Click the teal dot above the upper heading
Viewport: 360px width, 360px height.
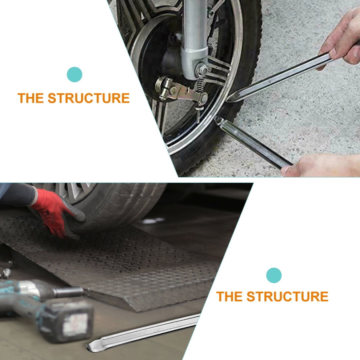pos(75,75)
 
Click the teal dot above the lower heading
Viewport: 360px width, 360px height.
pos(274,275)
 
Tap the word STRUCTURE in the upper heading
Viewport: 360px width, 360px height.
pos(89,98)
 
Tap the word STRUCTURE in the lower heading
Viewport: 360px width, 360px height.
pos(287,296)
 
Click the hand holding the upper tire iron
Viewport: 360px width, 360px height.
pos(340,39)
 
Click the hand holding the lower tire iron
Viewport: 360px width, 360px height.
pos(321,165)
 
